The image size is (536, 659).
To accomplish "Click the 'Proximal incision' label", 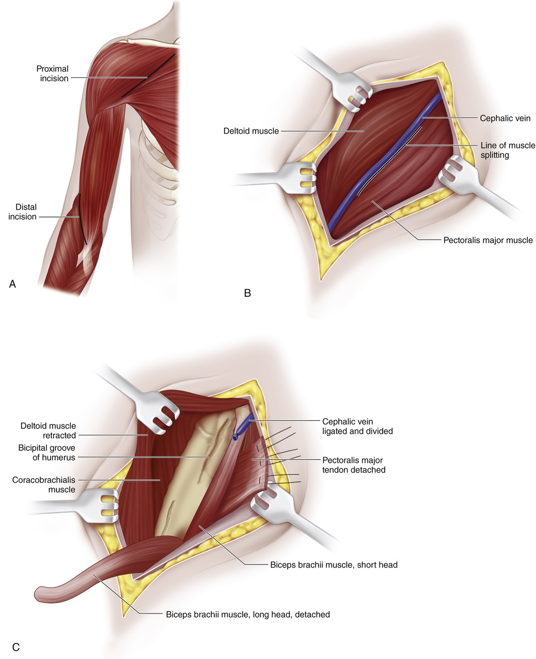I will (x=52, y=73).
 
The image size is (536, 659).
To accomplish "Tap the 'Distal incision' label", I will (x=22, y=212).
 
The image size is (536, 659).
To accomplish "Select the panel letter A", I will (x=13, y=284).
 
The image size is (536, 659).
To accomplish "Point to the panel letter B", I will (x=247, y=293).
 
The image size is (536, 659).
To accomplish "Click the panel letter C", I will (x=15, y=647).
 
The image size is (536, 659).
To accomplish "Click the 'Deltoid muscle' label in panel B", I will (x=251, y=131).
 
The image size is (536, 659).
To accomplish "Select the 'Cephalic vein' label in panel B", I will (x=505, y=118).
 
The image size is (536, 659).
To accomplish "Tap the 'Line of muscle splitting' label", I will (x=508, y=150).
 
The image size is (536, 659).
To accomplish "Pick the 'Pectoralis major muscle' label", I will (x=488, y=240).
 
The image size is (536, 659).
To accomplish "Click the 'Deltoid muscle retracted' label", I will (x=48, y=431).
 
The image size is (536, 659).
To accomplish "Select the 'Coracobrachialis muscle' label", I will (x=44, y=484).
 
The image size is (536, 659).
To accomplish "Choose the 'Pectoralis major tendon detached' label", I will (x=354, y=465).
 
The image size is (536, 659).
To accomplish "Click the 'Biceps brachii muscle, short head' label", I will (x=334, y=564).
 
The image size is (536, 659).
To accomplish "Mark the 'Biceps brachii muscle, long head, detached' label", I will (x=247, y=615).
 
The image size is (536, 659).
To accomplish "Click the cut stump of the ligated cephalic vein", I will (x=236, y=436).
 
